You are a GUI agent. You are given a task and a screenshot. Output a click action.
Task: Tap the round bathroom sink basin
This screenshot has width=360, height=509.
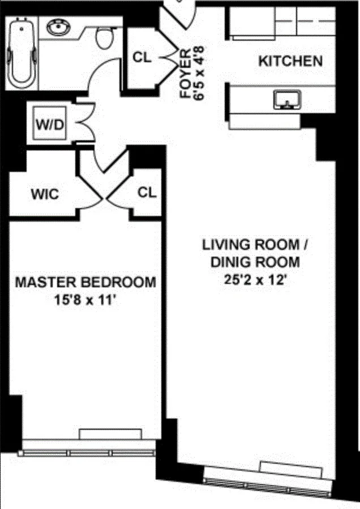[57, 27]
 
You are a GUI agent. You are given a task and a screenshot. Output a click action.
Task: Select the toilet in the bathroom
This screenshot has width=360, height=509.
[104, 37]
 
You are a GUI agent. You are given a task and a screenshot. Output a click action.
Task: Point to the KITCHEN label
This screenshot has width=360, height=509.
[290, 61]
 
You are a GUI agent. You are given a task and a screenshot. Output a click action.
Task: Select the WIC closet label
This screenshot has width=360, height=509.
[44, 195]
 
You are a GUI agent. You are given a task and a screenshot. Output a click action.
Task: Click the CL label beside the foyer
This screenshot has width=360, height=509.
[142, 58]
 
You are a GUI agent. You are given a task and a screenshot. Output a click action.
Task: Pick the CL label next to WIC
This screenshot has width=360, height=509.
[147, 193]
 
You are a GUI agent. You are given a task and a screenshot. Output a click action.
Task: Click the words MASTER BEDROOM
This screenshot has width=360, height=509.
[85, 282]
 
